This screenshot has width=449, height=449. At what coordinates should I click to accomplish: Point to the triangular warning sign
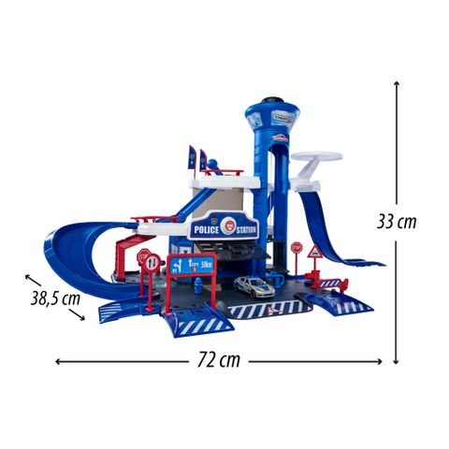coord(315,253)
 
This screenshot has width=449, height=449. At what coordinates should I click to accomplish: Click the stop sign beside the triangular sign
coord(297,249)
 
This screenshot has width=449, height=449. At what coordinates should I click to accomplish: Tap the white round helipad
coord(315,158)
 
